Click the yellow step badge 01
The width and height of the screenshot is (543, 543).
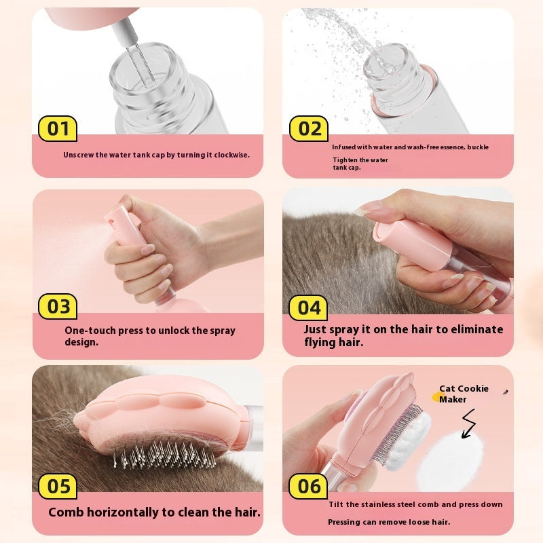58,128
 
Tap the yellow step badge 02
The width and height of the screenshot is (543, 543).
310,128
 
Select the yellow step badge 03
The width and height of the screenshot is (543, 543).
58,307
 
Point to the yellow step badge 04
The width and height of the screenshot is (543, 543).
309,307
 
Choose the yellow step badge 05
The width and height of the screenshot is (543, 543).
58,487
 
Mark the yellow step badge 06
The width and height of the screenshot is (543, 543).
309,487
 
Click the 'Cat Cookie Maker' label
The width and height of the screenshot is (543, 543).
463,394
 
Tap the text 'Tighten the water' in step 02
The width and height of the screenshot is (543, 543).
360,160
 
